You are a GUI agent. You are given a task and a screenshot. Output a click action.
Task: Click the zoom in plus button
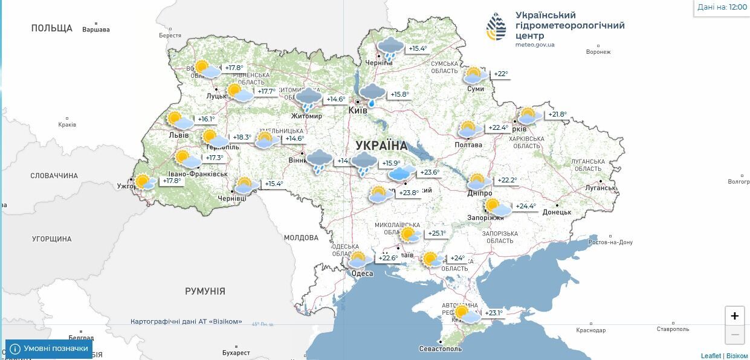pyautogui.click(x=734, y=316)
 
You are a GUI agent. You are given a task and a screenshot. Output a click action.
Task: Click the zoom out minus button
pyautogui.click(x=734, y=335)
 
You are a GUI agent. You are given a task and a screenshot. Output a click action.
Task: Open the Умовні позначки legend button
pyautogui.click(x=49, y=349)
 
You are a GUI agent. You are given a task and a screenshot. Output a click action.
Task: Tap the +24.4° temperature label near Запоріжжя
pyautogui.click(x=526, y=206)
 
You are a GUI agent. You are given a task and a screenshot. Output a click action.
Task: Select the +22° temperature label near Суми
pyautogui.click(x=501, y=74)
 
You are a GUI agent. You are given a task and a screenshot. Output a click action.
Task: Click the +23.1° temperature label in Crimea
pyautogui.click(x=494, y=313)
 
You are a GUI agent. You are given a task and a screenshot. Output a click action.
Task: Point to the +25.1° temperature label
pyautogui.click(x=437, y=233)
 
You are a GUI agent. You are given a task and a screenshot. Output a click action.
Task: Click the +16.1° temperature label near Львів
pyautogui.click(x=206, y=119)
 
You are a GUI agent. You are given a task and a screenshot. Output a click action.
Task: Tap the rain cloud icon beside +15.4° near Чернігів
pyautogui.click(x=390, y=47)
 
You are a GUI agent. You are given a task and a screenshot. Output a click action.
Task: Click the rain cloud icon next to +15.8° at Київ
pyautogui.click(x=372, y=94)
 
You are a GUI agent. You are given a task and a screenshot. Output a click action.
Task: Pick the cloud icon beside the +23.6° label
pyautogui.click(x=401, y=173)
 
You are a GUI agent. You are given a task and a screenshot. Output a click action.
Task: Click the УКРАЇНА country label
pyautogui.click(x=381, y=146)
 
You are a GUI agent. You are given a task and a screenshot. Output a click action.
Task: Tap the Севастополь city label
pyautogui.click(x=441, y=349)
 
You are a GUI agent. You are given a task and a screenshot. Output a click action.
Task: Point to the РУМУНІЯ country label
pyautogui.click(x=205, y=291)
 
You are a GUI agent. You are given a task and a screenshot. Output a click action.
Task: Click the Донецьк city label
pyautogui.click(x=557, y=212)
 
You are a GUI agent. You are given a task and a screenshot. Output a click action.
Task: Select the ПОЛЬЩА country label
pyautogui.click(x=51, y=28)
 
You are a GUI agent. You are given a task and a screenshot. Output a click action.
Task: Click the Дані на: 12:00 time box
pyautogui.click(x=722, y=7)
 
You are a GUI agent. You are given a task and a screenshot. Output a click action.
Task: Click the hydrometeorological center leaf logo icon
pyautogui.click(x=496, y=27)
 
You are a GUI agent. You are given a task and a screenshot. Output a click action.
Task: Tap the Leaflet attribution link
pyautogui.click(x=711, y=356)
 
